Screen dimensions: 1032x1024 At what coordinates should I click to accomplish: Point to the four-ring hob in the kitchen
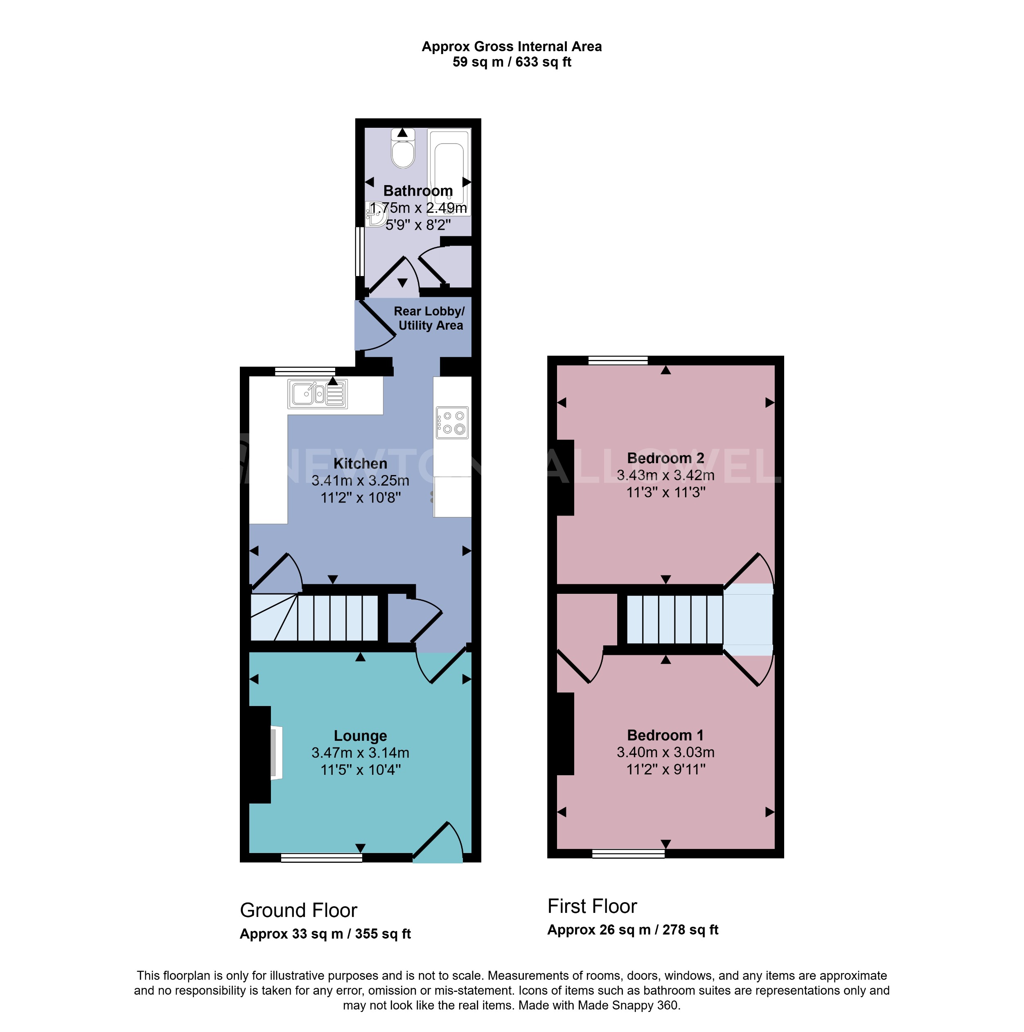tap(452, 423)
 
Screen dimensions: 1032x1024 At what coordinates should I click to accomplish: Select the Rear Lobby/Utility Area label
tap(429, 318)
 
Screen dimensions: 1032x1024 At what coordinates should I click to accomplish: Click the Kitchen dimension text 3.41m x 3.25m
tap(361, 481)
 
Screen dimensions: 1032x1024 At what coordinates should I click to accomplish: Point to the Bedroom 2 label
tap(665, 458)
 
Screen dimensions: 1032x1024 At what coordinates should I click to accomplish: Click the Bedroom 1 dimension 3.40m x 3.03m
tap(665, 752)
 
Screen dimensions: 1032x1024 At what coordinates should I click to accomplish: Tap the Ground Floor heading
tap(298, 910)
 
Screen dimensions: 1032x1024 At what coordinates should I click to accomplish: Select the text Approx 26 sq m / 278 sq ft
tap(633, 930)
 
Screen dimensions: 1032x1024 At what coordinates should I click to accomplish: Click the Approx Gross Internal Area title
tap(512, 46)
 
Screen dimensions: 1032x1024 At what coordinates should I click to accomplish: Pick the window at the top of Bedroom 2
tap(618, 360)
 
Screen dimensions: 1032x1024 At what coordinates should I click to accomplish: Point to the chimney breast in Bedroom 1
tap(565, 733)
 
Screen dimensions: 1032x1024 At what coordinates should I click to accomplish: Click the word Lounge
tap(361, 736)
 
